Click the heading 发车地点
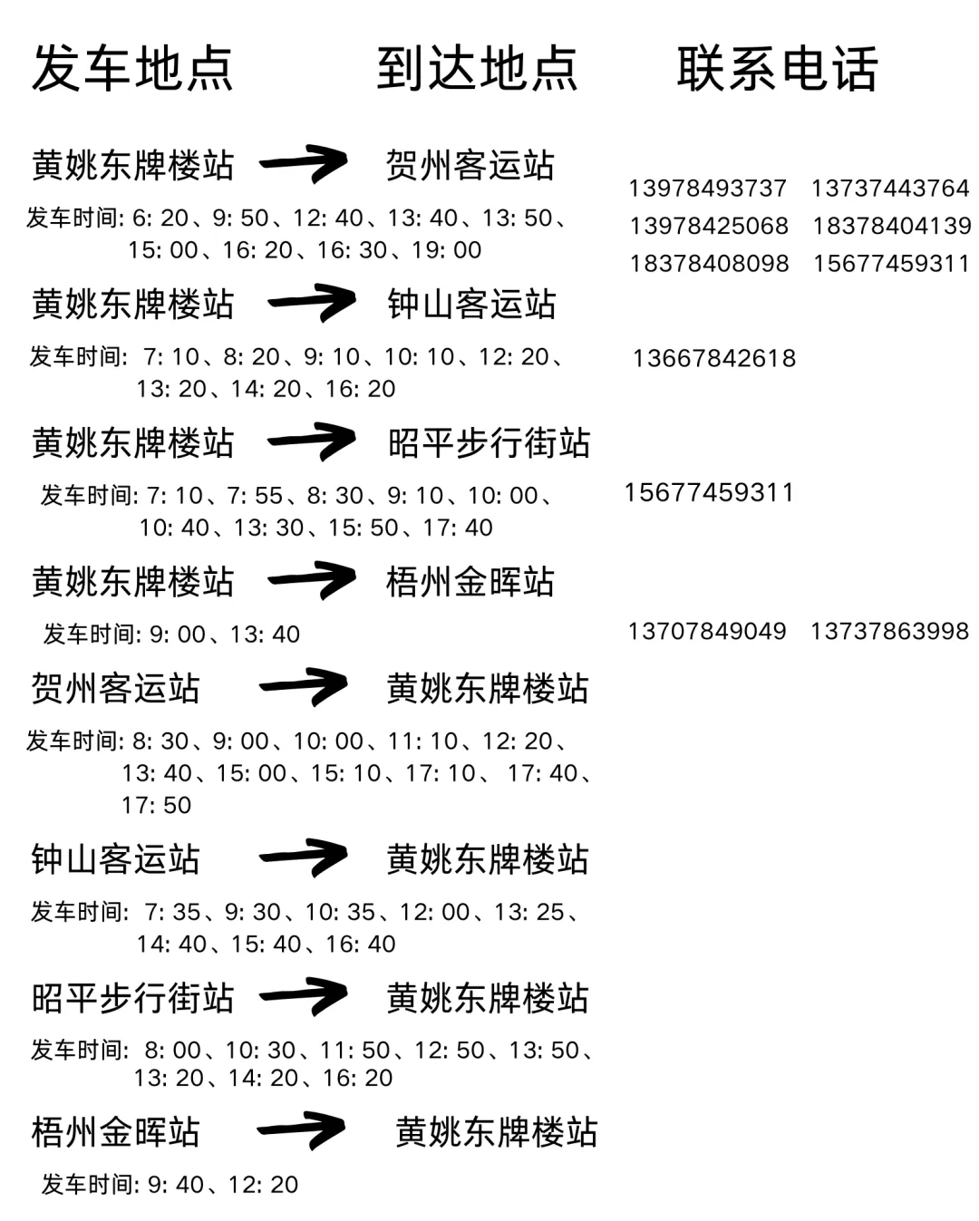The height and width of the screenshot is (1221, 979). (132, 69)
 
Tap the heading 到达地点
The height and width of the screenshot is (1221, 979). (477, 69)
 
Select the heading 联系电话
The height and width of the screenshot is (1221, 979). (777, 69)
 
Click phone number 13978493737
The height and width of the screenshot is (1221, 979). (707, 189)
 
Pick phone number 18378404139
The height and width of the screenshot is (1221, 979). (891, 226)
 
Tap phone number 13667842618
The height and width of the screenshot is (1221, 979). (714, 359)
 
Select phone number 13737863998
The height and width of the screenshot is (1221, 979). (889, 631)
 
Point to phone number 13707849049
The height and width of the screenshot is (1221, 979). (707, 631)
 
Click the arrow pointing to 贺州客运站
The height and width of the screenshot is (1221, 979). (304, 164)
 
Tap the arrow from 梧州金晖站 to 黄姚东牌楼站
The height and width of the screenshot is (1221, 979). (302, 1130)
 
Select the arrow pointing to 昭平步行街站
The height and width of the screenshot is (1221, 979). (311, 442)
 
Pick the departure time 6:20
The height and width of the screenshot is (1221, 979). (160, 218)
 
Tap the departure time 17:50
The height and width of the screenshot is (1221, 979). (157, 805)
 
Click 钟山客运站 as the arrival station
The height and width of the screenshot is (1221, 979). (471, 304)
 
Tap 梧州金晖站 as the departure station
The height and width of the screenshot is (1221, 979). (115, 1132)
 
